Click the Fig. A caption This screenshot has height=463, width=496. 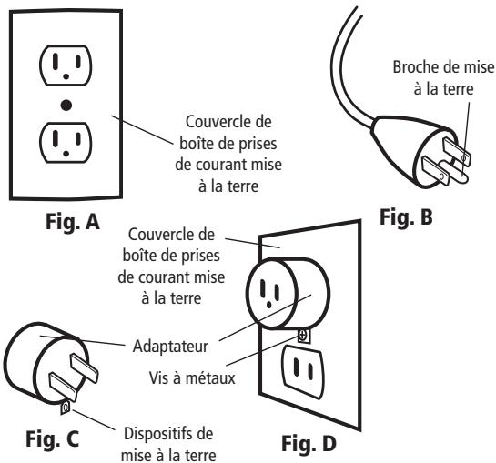[x=73, y=222]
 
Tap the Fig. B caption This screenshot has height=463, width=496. [x=406, y=217]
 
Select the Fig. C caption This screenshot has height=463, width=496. [x=52, y=439]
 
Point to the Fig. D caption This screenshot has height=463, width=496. [x=309, y=443]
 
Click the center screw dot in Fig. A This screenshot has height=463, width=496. [x=66, y=106]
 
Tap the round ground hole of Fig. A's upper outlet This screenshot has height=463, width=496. [x=66, y=76]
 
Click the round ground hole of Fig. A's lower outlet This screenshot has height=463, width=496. [x=66, y=154]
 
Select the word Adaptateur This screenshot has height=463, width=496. [x=170, y=347]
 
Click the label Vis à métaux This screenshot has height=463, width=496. [x=192, y=377]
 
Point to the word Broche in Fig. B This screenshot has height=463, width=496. [x=415, y=67]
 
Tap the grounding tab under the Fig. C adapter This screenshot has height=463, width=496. [x=65, y=408]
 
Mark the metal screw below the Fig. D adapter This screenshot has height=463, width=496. [x=303, y=336]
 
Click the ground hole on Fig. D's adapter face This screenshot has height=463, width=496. [x=268, y=305]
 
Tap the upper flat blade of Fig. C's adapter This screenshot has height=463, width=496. [x=84, y=368]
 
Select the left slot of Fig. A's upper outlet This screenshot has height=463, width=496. [x=56, y=61]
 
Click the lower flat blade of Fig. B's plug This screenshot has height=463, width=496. [x=436, y=171]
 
